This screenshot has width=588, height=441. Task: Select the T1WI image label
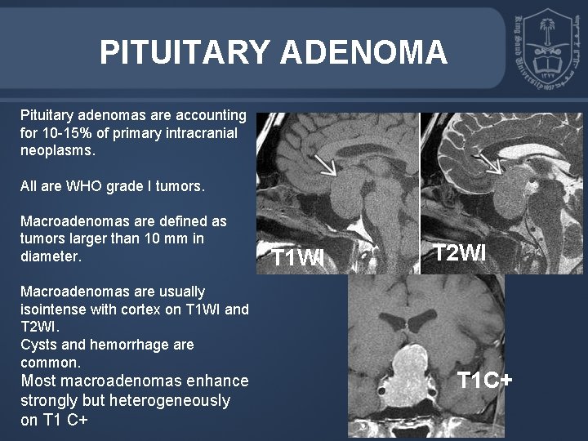point(297,258)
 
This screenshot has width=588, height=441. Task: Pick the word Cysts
point(38,345)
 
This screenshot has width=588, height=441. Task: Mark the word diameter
point(50,256)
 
